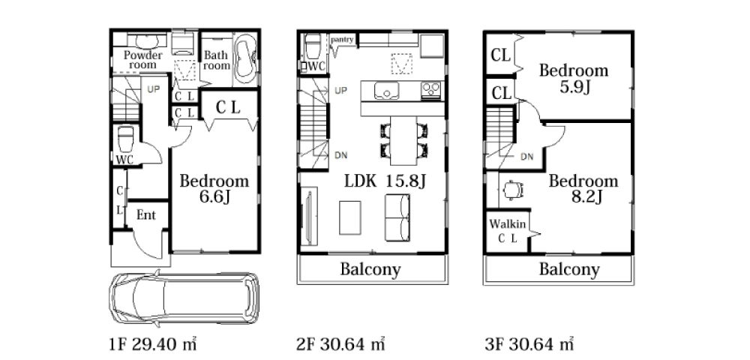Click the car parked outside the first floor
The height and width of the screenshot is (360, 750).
coord(184,298)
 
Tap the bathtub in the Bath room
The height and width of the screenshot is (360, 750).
coord(246,58)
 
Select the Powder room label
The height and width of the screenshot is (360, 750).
coord(143,59)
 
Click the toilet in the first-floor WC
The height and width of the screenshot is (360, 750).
coord(126,138)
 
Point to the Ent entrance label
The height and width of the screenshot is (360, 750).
coord(146,215)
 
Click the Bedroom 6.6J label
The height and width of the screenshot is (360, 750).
coord(214,188)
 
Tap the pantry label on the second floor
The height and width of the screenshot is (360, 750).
coord(342,39)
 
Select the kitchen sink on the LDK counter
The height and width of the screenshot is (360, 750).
coord(386,91)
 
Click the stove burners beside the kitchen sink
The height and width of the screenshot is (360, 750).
coord(430,90)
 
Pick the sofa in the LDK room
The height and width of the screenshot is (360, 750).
coord(397,217)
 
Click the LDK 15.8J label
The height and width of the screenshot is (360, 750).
coord(385,181)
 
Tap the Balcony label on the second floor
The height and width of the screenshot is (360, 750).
coord(370,270)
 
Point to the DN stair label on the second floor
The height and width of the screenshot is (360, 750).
coord(341,155)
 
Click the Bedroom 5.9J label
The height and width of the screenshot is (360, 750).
coord(574,79)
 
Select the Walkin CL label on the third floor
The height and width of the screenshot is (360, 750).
coord(508,231)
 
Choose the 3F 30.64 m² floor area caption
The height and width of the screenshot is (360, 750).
coord(529,344)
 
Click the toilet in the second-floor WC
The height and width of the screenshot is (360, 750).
coord(313,46)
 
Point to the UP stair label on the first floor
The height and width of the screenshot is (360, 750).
coord(153,89)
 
